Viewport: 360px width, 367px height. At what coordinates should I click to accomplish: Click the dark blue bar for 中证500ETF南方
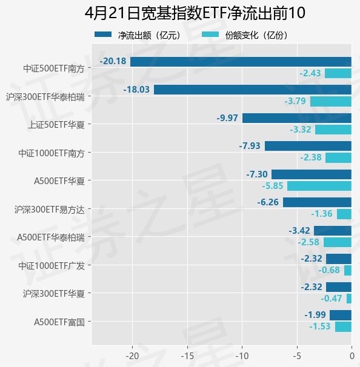[241, 62]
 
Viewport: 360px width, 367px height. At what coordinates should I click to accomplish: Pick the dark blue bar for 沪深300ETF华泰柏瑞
[253, 90]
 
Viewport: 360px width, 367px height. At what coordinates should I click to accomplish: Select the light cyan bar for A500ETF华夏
[319, 186]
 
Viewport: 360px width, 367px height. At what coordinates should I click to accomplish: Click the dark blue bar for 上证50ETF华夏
[297, 118]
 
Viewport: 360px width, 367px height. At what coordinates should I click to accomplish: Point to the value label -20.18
[113, 61]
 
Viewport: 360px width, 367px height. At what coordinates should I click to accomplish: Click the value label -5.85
[272, 186]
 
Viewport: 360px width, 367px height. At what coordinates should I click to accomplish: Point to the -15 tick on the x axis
[187, 355]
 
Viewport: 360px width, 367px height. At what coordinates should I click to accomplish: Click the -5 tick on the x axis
[296, 355]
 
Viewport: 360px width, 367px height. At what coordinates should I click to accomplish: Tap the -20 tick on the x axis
[133, 355]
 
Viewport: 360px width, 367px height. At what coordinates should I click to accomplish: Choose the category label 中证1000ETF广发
[52, 265]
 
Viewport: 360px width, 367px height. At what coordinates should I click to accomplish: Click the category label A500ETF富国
[59, 322]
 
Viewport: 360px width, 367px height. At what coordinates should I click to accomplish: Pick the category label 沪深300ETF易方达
[50, 210]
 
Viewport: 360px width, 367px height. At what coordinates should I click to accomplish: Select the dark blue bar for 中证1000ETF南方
[308, 146]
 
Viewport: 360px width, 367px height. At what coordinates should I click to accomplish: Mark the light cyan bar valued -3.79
[331, 101]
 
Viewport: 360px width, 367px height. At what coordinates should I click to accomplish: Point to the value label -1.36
[322, 214]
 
